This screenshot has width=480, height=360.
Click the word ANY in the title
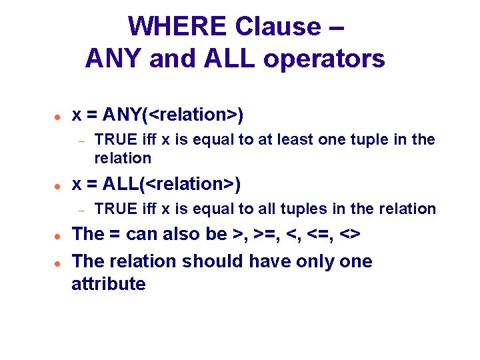(114, 59)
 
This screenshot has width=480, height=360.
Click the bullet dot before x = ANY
(58, 116)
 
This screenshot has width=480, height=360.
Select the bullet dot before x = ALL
(58, 185)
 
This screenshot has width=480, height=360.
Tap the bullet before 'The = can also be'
(58, 235)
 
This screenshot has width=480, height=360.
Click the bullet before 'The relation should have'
(58, 262)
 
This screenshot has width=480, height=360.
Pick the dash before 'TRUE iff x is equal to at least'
(81, 141)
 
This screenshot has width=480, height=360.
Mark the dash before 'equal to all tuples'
(81, 209)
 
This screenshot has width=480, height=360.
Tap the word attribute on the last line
(109, 284)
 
